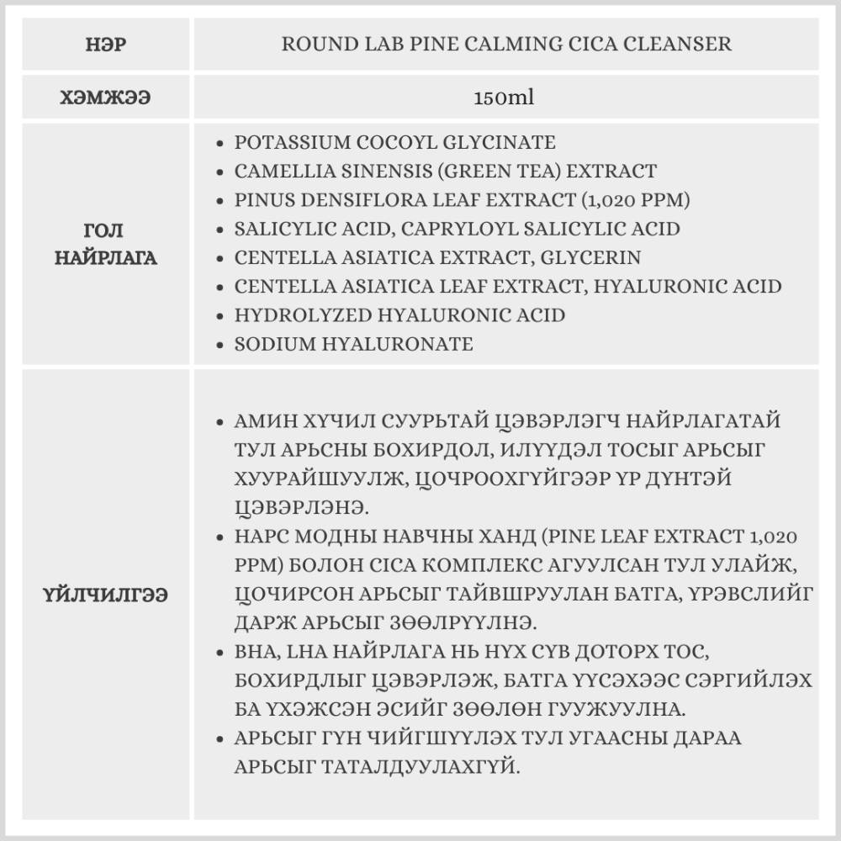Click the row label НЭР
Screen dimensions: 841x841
106,44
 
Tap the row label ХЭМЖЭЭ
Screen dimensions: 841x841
106,98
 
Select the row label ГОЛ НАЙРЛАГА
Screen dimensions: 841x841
106,244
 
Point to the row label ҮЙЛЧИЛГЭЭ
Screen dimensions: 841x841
106,595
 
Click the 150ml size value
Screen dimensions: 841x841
505,98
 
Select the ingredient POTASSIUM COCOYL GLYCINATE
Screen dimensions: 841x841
395,142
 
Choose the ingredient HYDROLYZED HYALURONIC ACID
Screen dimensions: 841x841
399,315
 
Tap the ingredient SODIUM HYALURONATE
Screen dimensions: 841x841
354,344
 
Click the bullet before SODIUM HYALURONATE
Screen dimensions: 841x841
220,345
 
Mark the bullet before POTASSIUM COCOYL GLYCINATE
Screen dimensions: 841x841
220,143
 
